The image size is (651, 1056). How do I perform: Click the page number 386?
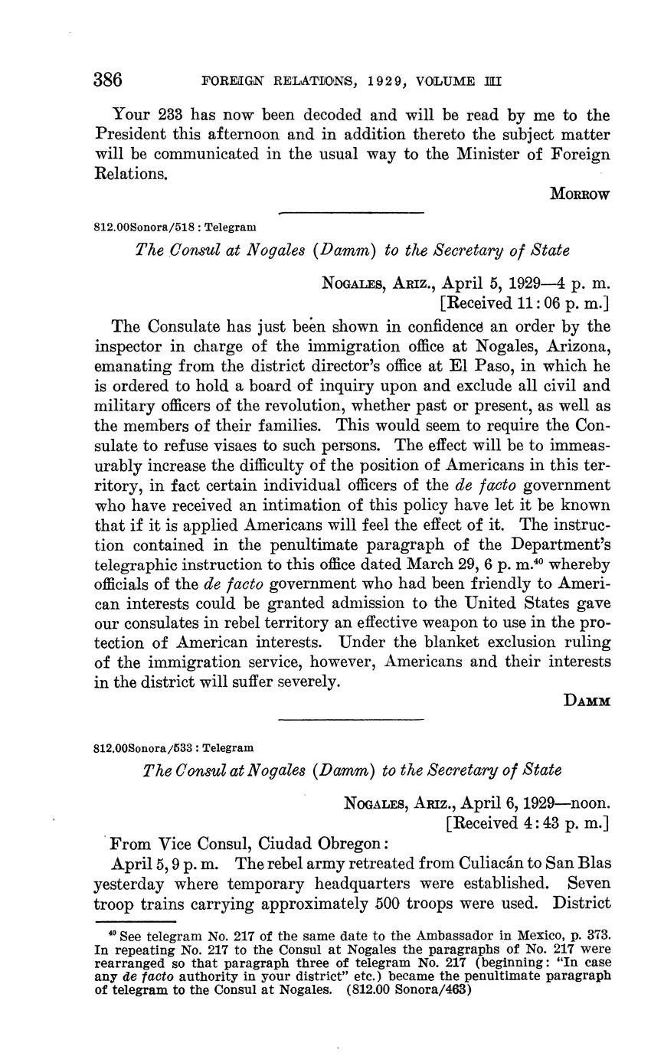(x=108, y=80)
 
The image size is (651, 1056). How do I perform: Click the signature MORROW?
(x=580, y=195)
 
